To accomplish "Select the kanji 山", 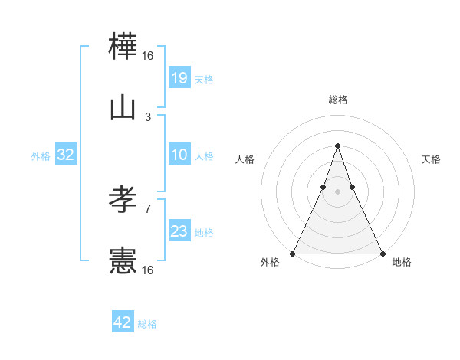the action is [x=123, y=109].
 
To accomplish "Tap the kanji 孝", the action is [x=123, y=201].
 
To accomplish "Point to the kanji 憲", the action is [x=123, y=261].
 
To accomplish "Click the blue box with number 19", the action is [x=179, y=78].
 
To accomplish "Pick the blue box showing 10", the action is [x=179, y=155].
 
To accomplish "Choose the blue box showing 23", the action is [x=179, y=231].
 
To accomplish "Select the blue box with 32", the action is [x=66, y=155].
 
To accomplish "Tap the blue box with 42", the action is [x=123, y=322].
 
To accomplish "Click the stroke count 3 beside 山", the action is [x=148, y=117].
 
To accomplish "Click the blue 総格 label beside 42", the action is [x=147, y=324].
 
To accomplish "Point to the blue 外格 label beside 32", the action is [x=41, y=156].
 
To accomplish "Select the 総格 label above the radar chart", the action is [x=337, y=100].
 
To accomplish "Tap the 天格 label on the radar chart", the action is [x=431, y=159].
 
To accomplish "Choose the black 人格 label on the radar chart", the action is [x=245, y=159].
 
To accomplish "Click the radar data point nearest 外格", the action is [x=293, y=253].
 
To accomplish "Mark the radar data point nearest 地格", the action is [x=382, y=253].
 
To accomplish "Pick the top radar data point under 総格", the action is [x=337, y=146].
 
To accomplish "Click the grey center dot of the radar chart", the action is [x=337, y=192].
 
